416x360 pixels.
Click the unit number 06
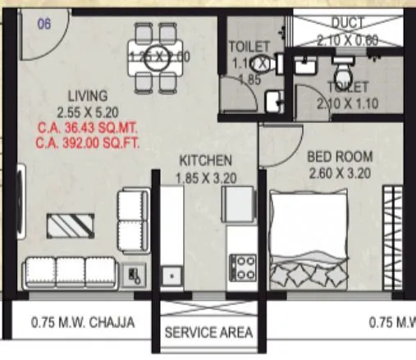coord(43,24)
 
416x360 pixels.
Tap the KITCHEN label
coord(206,160)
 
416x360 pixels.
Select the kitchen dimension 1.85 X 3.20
coord(206,175)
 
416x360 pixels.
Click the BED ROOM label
coord(339,157)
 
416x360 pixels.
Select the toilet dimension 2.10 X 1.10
coord(348,103)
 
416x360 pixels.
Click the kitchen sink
coord(171,275)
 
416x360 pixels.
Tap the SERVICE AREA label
coord(208,333)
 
